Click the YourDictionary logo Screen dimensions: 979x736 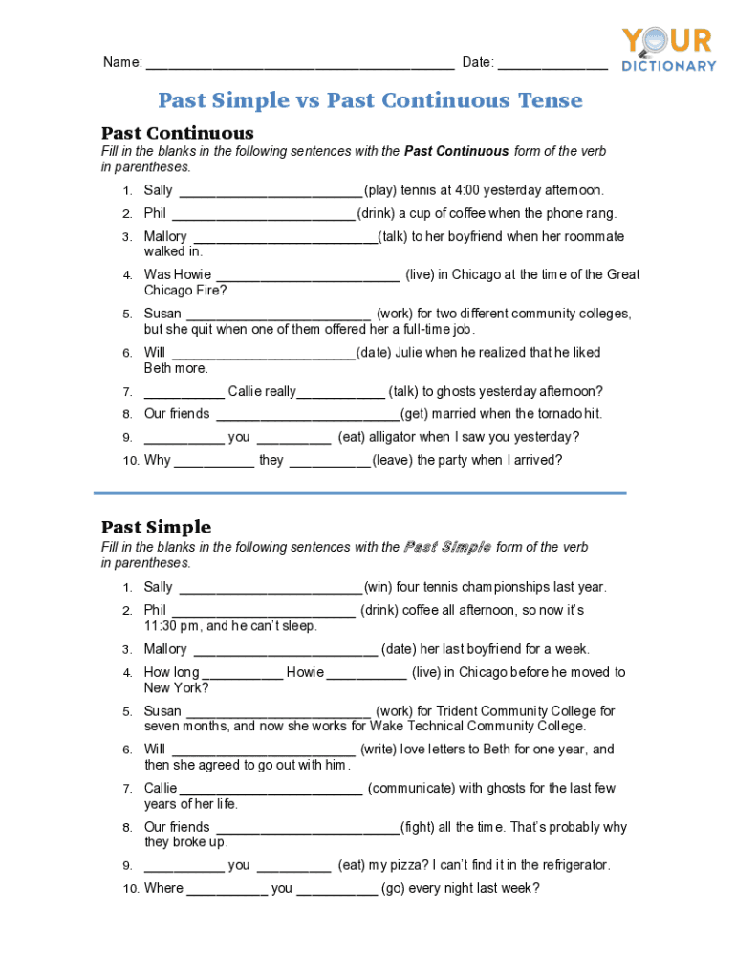[x=668, y=49]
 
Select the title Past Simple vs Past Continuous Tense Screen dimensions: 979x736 [x=370, y=100]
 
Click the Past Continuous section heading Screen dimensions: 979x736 [x=178, y=132]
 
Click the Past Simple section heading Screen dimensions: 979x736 [x=157, y=527]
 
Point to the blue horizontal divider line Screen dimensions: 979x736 [x=359, y=493]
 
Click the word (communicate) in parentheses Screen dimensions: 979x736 [x=411, y=788]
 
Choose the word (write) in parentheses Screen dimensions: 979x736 [x=379, y=750]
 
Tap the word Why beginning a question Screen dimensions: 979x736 [x=158, y=461]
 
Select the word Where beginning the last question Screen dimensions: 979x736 [x=163, y=889]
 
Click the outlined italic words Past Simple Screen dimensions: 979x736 [x=447, y=548]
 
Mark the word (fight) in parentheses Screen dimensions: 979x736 [x=418, y=827]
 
